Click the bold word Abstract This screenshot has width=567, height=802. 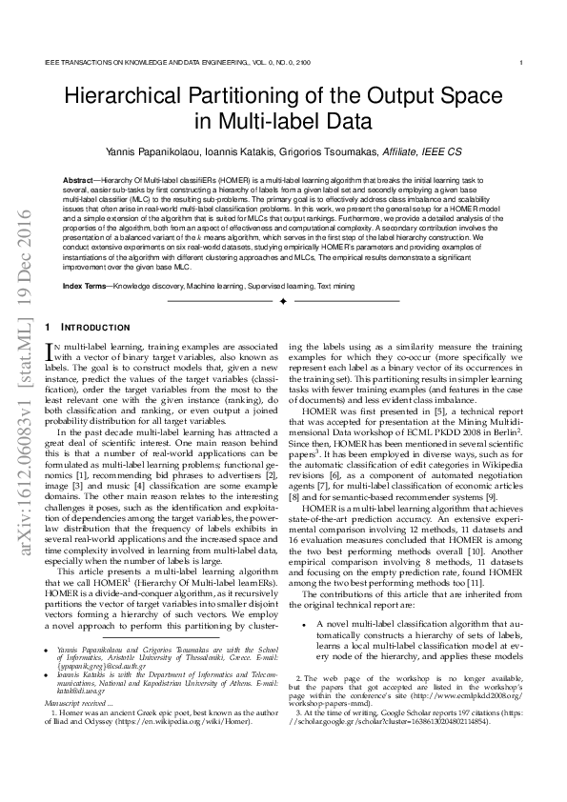77,179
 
